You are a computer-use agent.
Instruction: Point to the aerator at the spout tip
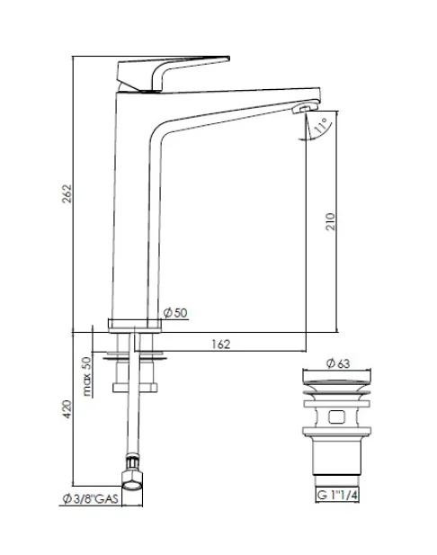(x=303, y=109)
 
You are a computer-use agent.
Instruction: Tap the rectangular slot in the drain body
(x=335, y=417)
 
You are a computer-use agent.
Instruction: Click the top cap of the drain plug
(x=334, y=379)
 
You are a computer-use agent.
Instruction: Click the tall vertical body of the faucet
(x=135, y=216)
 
